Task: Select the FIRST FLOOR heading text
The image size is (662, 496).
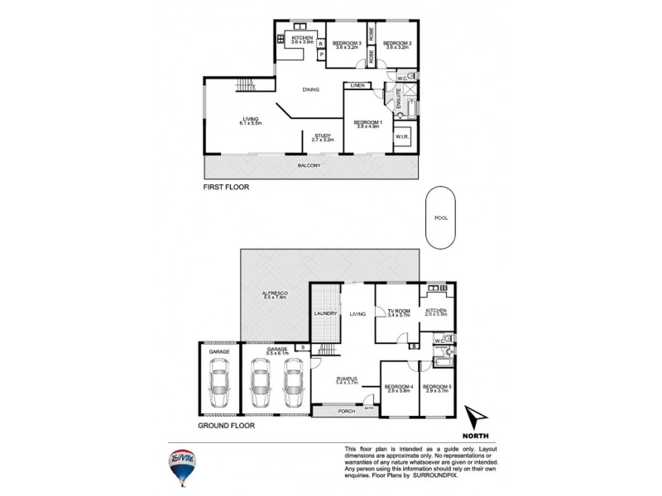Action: pyautogui.click(x=226, y=188)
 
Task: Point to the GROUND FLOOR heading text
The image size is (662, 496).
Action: pyautogui.click(x=226, y=427)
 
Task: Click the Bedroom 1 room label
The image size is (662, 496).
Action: pyautogui.click(x=366, y=124)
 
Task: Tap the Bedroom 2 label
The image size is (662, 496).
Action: pyautogui.click(x=397, y=45)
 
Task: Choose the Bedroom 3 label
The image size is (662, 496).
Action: pyautogui.click(x=346, y=45)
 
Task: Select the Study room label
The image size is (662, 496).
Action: pyautogui.click(x=322, y=138)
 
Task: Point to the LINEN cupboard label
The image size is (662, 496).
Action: pyautogui.click(x=357, y=85)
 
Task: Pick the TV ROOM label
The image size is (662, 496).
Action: pyautogui.click(x=399, y=312)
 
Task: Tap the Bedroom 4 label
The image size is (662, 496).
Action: pyautogui.click(x=398, y=388)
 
